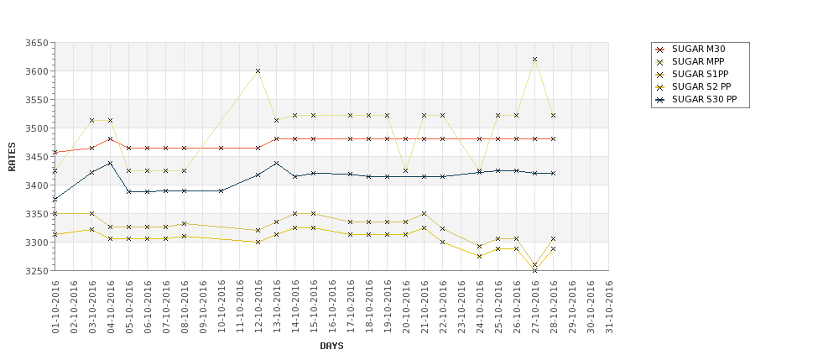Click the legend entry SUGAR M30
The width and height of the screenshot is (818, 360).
[x=698, y=49]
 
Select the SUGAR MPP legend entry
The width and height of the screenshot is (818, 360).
[x=698, y=61]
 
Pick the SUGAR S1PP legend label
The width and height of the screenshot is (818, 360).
[x=700, y=74]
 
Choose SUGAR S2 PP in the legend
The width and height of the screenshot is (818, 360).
[x=701, y=86]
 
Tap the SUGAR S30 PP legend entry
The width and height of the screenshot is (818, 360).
[x=703, y=99]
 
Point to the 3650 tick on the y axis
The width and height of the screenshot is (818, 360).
[x=36, y=43]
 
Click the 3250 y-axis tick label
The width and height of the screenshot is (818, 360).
[x=36, y=271]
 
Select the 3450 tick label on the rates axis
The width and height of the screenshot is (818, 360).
[x=36, y=157]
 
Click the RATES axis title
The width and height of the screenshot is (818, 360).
[x=12, y=157]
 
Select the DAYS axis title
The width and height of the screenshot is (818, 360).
[x=331, y=346]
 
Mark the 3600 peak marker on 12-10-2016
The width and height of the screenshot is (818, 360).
[x=258, y=71]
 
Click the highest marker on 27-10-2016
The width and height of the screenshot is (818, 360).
[x=534, y=60]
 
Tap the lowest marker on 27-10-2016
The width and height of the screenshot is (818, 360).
[x=534, y=270]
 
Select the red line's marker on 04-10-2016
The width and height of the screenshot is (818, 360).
[x=110, y=139]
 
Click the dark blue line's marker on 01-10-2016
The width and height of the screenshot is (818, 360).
[x=55, y=199]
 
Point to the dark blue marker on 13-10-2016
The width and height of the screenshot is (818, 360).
[x=276, y=163]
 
